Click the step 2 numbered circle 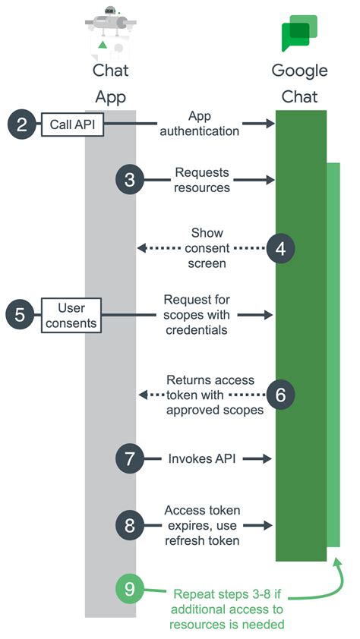(x=21, y=124)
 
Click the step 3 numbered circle (x=130, y=180)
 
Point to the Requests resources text (x=202, y=180)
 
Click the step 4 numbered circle (x=281, y=247)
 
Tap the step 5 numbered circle (x=21, y=313)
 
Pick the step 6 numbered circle (x=281, y=394)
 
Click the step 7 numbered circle (x=130, y=458)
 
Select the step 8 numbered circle (x=130, y=524)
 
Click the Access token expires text (x=202, y=524)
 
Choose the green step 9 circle (x=130, y=588)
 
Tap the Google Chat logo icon (x=298, y=34)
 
